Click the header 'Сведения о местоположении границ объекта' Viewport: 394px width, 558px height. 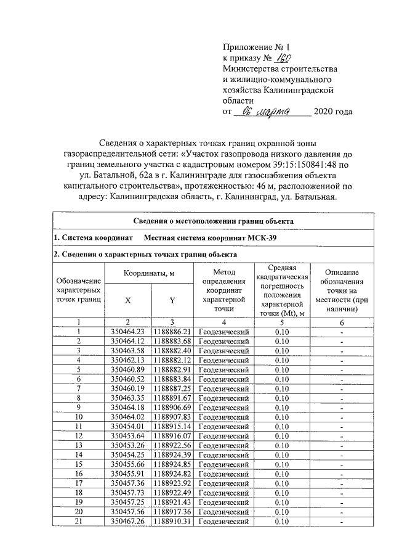[214, 221]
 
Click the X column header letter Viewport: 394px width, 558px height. [127, 300]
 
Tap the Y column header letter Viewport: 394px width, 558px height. [172, 300]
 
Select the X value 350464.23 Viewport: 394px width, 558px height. [127, 331]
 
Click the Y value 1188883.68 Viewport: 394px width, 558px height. [173, 341]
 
